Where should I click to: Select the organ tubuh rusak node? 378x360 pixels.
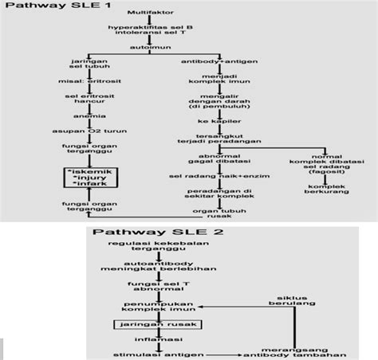(216, 214)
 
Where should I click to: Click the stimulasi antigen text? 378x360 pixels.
(156, 353)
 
